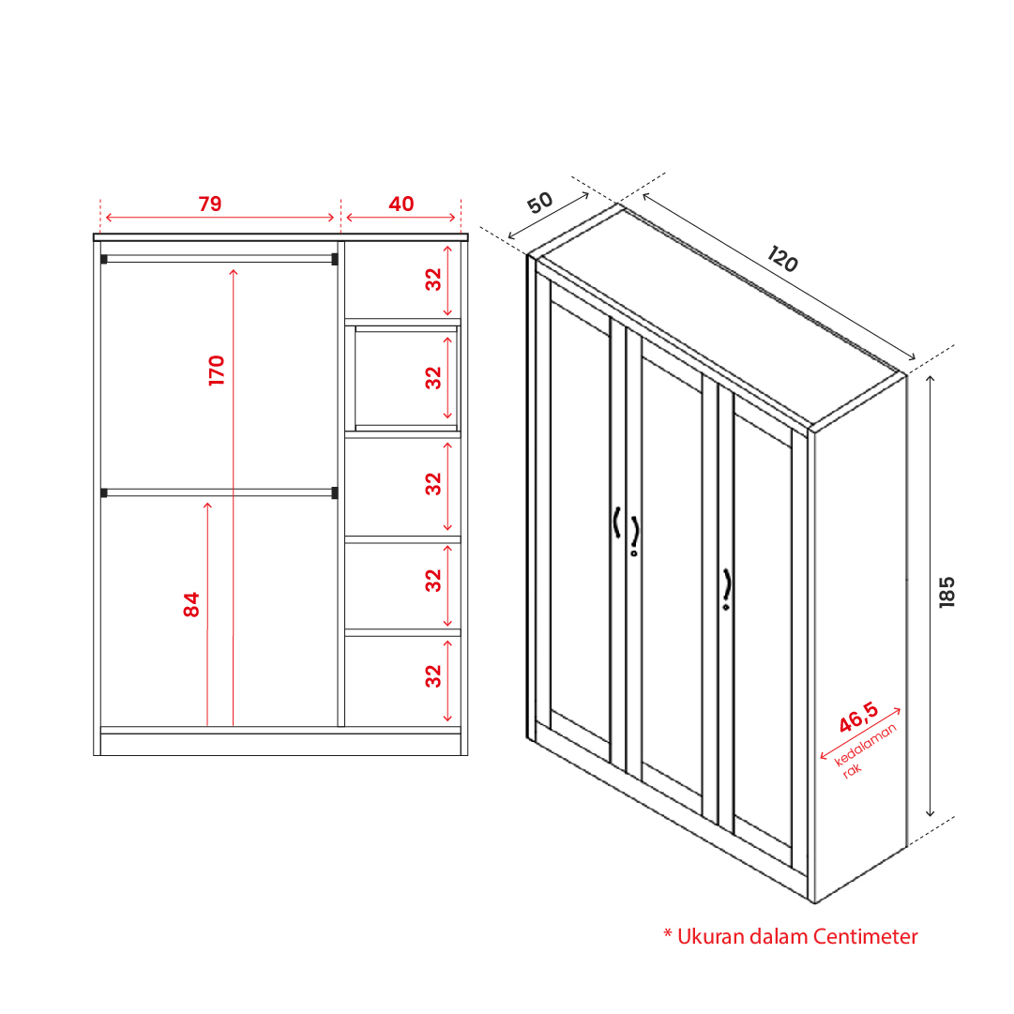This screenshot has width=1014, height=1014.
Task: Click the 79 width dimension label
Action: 210,204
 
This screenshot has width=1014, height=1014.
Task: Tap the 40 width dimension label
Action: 401,204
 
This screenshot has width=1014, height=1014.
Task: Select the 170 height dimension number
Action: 217,371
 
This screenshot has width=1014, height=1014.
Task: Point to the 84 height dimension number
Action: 191,605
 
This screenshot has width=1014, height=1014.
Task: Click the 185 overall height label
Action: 946,592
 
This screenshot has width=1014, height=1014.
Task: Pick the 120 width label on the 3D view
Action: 782,259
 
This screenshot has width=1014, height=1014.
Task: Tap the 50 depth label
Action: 540,203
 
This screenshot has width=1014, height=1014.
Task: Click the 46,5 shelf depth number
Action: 859,718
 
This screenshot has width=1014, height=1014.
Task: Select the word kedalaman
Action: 865,745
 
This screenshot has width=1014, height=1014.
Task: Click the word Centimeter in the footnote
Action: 865,936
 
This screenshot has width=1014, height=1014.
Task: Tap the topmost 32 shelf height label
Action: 433,280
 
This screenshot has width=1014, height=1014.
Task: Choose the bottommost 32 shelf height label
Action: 433,676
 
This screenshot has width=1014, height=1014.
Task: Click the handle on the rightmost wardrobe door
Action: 727,589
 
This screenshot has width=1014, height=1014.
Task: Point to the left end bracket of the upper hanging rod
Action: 104,259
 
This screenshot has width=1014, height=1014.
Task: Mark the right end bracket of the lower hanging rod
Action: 334,492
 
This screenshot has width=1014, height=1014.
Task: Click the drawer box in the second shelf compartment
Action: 406,378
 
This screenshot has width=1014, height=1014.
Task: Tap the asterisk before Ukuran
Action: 668,933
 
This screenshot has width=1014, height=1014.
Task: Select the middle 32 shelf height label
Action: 433,484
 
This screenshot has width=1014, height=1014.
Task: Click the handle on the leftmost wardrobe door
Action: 617,522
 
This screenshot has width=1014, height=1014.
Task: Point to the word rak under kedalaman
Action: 853,770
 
